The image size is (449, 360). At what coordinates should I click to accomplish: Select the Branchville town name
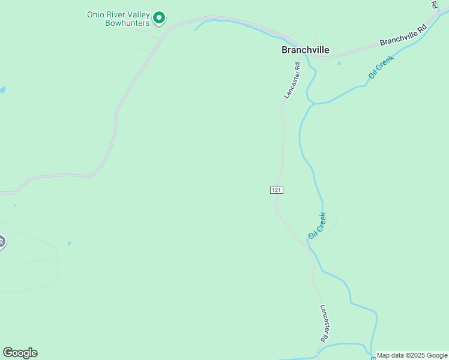coord(305,50)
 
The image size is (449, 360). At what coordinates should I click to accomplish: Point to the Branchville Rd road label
coord(403,35)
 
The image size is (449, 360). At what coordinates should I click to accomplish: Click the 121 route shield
coord(276,190)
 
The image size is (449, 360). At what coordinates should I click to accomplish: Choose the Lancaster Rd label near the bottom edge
coord(324,323)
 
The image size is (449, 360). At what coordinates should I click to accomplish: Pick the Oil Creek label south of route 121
coord(317,225)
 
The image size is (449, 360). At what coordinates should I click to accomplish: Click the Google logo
coord(20,353)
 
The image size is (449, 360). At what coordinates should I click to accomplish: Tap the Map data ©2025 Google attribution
coord(412,355)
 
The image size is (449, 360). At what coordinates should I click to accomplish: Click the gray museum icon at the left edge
coord(1,242)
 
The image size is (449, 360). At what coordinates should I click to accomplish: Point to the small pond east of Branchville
coord(339,63)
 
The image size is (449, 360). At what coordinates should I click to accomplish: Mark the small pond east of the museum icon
coord(70,244)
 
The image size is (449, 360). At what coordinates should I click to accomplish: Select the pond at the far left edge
coord(2,90)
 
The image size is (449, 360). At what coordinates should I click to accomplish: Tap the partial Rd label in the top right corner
coord(434,4)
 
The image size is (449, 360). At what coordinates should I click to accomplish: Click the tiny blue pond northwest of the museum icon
coord(15,205)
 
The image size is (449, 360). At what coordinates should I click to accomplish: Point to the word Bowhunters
coord(127,23)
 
